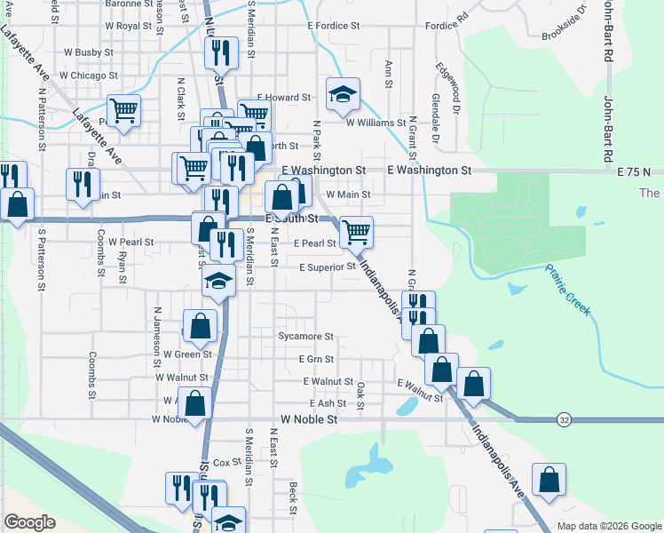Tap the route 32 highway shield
click(x=564, y=418)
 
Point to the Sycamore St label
click(x=304, y=337)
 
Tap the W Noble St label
click(x=309, y=418)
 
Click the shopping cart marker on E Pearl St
click(x=356, y=232)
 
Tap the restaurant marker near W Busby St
click(x=219, y=53)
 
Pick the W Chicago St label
click(x=89, y=76)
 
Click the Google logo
click(x=29, y=522)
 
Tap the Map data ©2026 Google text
click(x=609, y=526)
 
